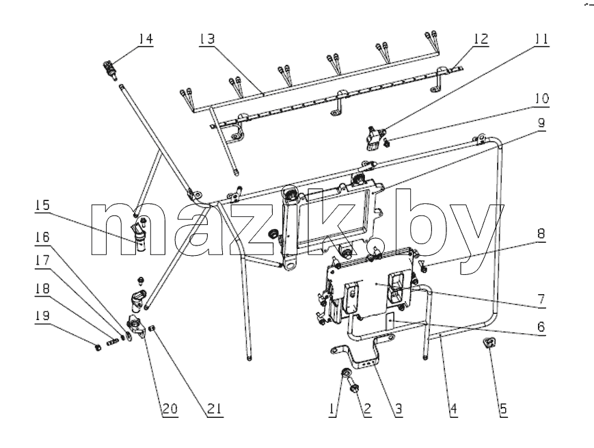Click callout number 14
(145, 39)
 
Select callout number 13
(207, 39)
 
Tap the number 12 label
(480, 39)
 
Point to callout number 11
(541, 39)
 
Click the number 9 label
(541, 123)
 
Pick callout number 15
(42, 205)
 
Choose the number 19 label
(42, 315)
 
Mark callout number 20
(170, 408)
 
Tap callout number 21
(215, 408)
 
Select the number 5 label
(503, 408)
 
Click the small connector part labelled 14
(109, 68)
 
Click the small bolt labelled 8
(423, 267)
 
